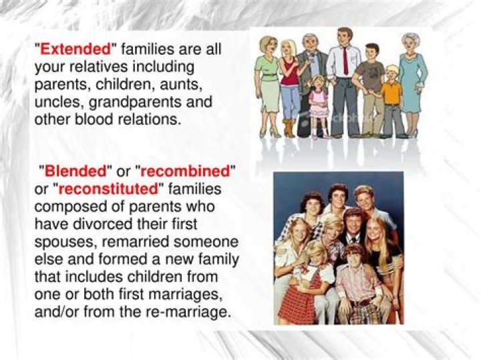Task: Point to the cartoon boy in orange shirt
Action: [x=391, y=94]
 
